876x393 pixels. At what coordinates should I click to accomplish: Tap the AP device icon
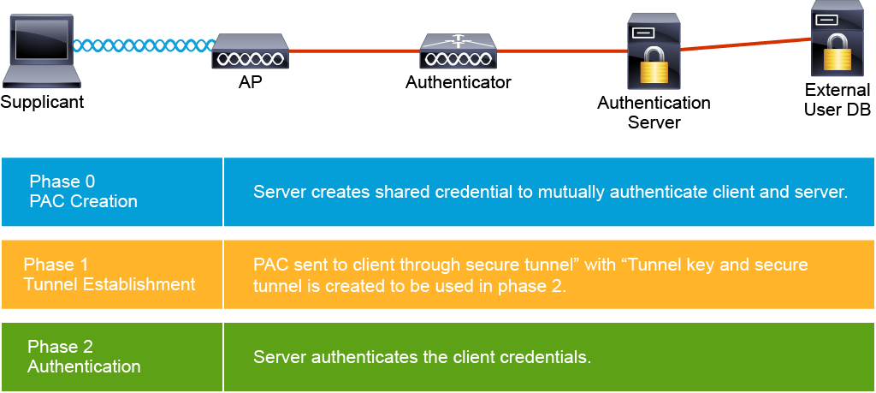click(x=249, y=52)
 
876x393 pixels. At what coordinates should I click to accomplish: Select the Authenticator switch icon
click(x=459, y=52)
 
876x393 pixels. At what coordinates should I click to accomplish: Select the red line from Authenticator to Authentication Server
click(x=560, y=51)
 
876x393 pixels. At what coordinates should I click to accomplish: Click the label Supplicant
click(x=42, y=103)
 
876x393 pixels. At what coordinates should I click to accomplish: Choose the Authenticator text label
click(x=458, y=83)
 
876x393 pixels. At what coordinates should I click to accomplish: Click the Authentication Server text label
click(x=654, y=112)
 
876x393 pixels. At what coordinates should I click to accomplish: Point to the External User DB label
click(x=837, y=99)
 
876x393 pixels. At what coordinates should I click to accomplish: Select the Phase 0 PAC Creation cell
click(x=112, y=192)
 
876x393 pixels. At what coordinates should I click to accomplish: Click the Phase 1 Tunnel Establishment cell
click(x=112, y=275)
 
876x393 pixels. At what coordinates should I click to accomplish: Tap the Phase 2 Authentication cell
click(x=112, y=357)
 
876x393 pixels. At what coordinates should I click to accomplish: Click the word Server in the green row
click(x=277, y=357)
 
